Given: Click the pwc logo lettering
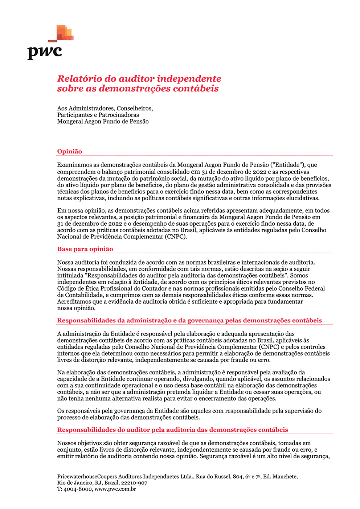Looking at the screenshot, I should click(x=45, y=52).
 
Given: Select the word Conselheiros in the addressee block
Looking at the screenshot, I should click(x=135, y=108).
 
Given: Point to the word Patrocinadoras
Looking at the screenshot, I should click(x=119, y=115).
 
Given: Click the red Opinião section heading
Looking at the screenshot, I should click(x=70, y=152).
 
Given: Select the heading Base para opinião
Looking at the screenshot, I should click(x=85, y=249).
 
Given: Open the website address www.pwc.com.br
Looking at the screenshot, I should click(x=115, y=489).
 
